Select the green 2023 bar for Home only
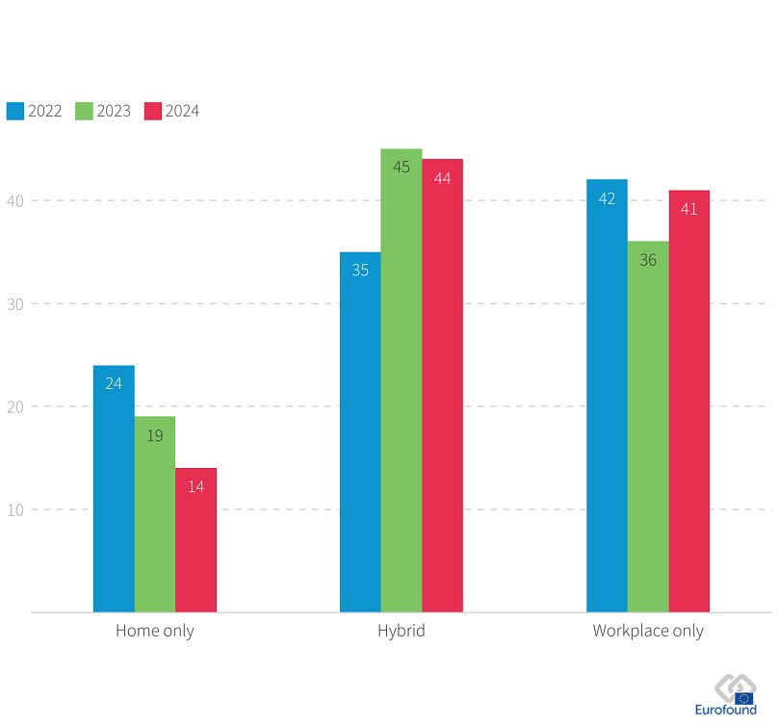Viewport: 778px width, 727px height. (x=155, y=514)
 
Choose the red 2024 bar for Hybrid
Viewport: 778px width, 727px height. (x=442, y=385)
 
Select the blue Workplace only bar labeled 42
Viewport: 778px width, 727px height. (x=607, y=396)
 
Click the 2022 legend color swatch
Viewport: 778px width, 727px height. (x=15, y=111)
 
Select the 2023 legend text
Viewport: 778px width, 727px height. (x=114, y=111)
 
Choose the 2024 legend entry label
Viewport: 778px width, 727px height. (x=182, y=111)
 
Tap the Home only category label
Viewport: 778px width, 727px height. (x=154, y=632)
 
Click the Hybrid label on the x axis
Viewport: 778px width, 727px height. (x=401, y=632)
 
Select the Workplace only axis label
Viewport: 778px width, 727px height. (x=647, y=632)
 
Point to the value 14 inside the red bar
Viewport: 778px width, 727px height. (x=195, y=486)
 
